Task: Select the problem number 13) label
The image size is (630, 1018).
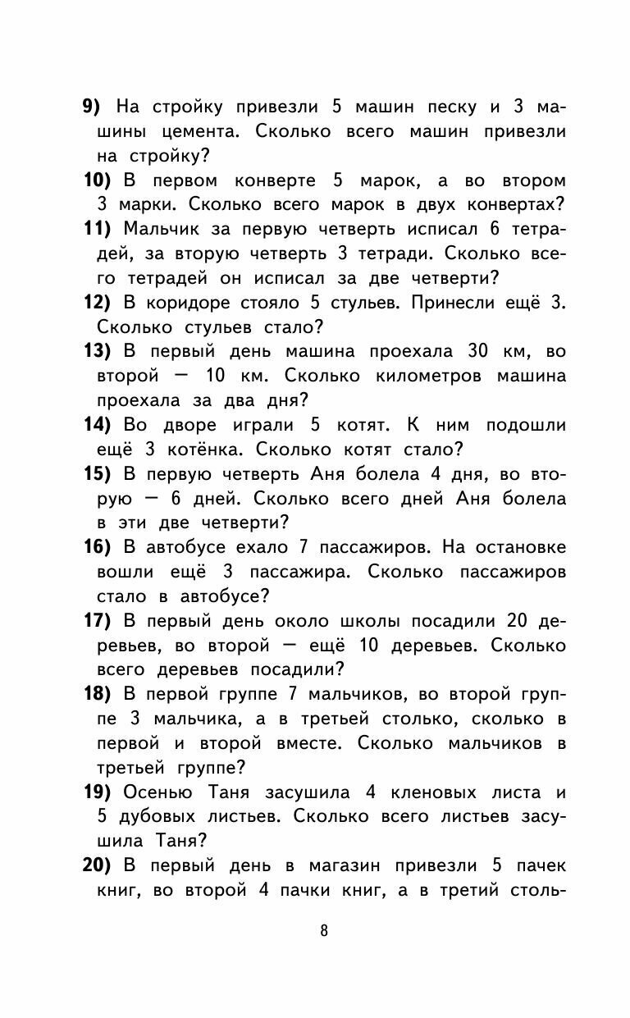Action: tap(103, 352)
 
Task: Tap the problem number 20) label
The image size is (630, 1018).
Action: tap(103, 866)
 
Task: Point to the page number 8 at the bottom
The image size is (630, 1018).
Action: tap(324, 930)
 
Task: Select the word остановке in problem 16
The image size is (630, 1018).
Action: tap(518, 548)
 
